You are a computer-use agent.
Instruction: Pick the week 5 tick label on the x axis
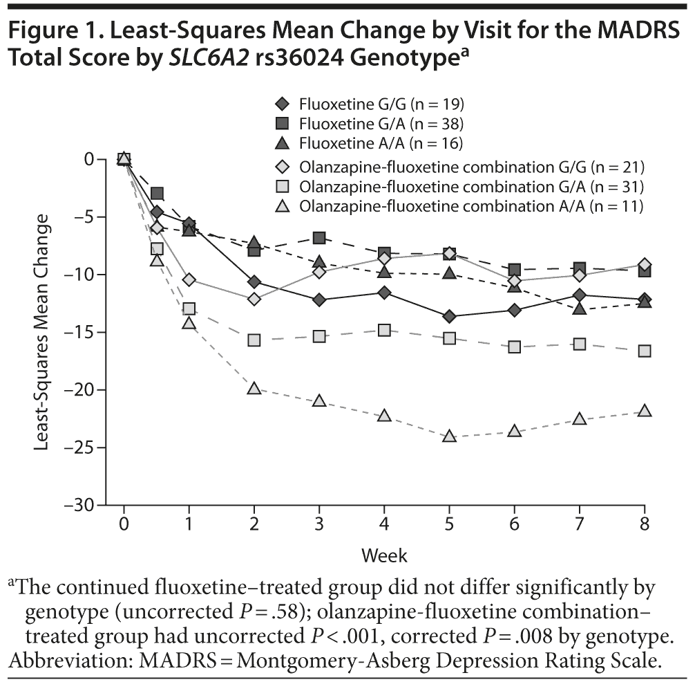(x=450, y=523)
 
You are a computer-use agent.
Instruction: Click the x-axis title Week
(x=384, y=555)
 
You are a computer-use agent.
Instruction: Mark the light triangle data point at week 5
(x=450, y=436)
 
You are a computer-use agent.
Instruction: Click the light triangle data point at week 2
(x=254, y=389)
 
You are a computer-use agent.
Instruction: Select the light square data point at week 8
(x=645, y=351)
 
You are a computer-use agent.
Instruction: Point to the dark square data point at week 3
(x=319, y=238)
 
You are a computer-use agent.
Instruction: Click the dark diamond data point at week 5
(x=450, y=317)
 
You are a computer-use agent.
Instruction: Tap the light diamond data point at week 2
(x=254, y=299)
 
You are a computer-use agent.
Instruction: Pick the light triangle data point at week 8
(x=645, y=411)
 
